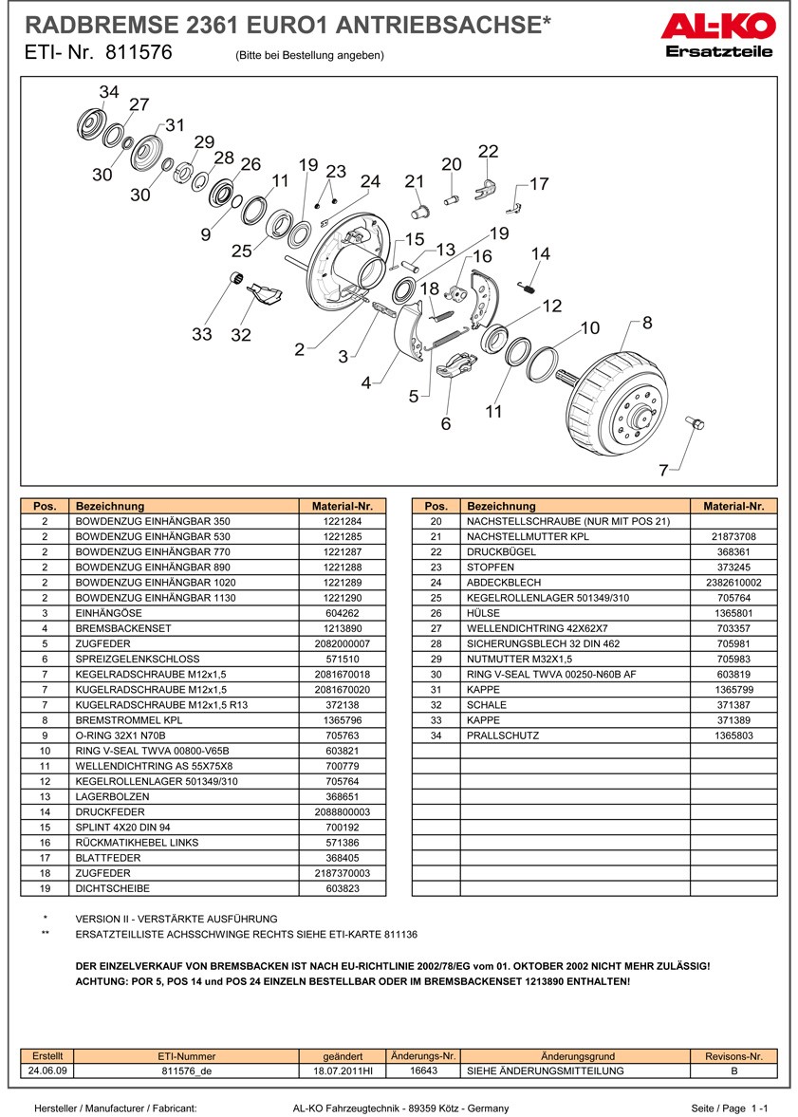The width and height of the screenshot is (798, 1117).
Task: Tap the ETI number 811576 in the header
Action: click(x=139, y=53)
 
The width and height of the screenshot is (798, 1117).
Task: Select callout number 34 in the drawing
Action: click(x=109, y=92)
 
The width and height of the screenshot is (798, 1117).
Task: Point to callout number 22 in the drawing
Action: click(x=488, y=152)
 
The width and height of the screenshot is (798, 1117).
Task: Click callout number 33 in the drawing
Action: click(x=201, y=334)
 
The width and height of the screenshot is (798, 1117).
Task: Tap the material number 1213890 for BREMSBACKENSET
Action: click(x=343, y=628)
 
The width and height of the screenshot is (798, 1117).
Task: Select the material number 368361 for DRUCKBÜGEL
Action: click(x=733, y=551)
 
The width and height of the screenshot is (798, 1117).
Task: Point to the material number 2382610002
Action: click(x=733, y=583)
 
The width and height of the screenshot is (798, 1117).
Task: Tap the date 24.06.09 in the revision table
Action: click(x=47, y=1070)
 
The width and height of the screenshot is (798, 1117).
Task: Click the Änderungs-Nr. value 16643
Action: click(x=423, y=1070)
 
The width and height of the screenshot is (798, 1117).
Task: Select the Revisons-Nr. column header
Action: click(x=733, y=1055)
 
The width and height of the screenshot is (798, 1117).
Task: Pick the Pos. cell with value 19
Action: click(x=46, y=889)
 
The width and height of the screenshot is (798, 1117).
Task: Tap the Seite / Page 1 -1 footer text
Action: click(x=728, y=1108)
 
